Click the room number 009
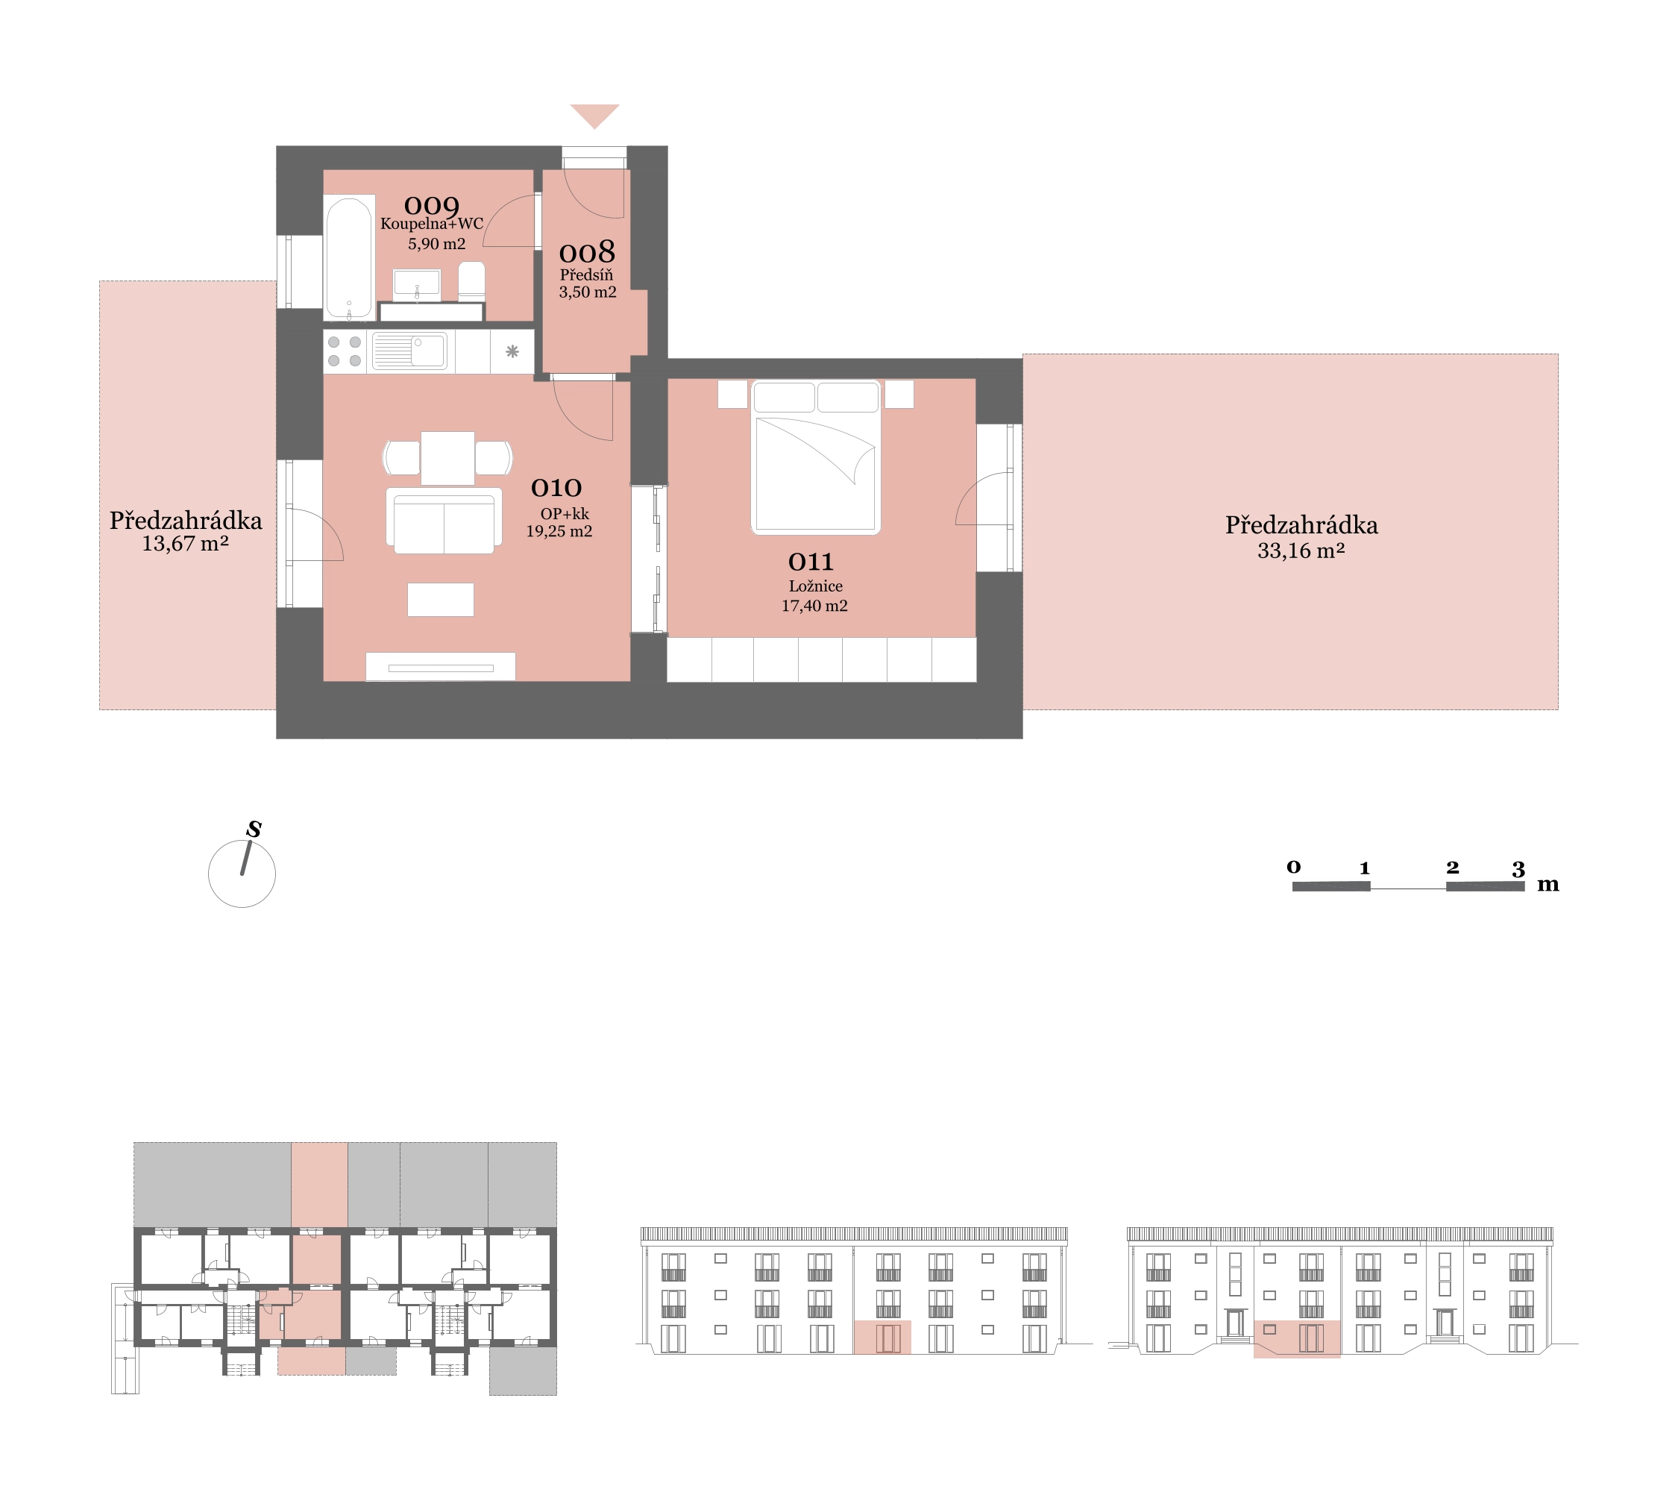point(431,205)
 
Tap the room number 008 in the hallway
point(587,252)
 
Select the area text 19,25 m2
point(559,531)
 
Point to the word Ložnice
point(815,586)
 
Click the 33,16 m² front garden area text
point(1301,551)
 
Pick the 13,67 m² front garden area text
point(186,544)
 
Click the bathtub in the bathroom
point(349,257)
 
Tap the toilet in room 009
point(471,280)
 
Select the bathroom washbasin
point(417,284)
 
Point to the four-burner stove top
point(345,351)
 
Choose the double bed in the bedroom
point(816,457)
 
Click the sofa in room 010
point(444,521)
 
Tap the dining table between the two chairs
point(447,458)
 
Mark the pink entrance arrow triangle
point(594,116)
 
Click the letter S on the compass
point(254,830)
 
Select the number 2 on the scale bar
point(1452,867)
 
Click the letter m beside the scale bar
point(1547,885)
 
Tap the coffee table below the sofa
point(441,599)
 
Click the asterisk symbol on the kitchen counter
point(512,351)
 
